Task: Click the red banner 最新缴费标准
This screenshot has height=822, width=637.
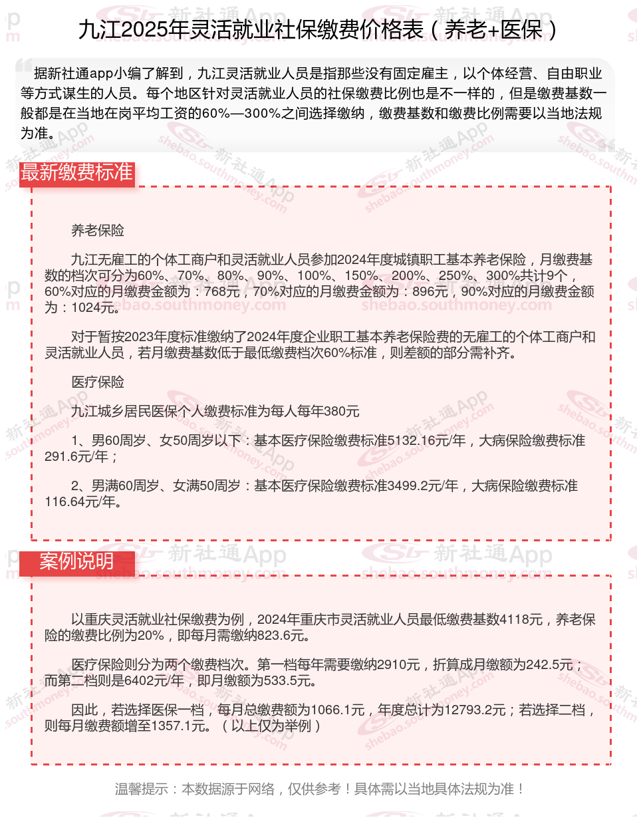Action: click(x=77, y=173)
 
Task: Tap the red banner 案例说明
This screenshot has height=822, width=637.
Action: click(x=77, y=562)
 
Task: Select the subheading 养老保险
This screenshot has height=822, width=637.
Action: click(x=98, y=231)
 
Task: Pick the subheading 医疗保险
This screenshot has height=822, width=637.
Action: click(x=98, y=382)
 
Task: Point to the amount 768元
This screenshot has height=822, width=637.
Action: click(x=221, y=292)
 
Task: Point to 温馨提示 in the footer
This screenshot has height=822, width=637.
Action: click(x=141, y=789)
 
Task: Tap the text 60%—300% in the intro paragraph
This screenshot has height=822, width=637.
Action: click(x=240, y=114)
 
